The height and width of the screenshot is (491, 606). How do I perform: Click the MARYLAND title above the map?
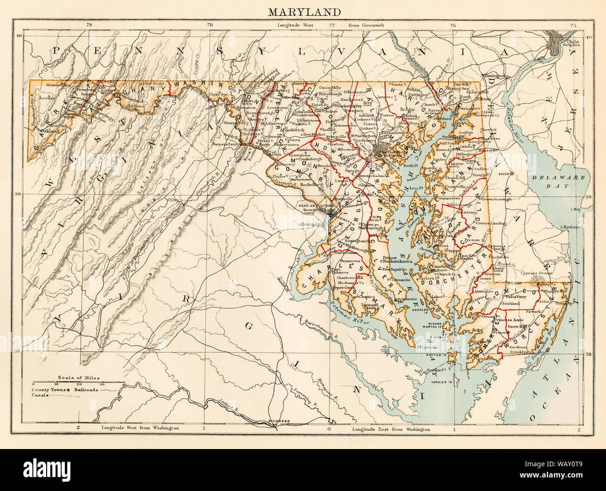pyautogui.click(x=303, y=12)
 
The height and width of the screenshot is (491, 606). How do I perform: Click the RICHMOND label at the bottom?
pyautogui.click(x=279, y=421)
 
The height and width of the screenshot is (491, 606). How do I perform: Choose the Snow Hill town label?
pyautogui.click(x=518, y=326)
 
